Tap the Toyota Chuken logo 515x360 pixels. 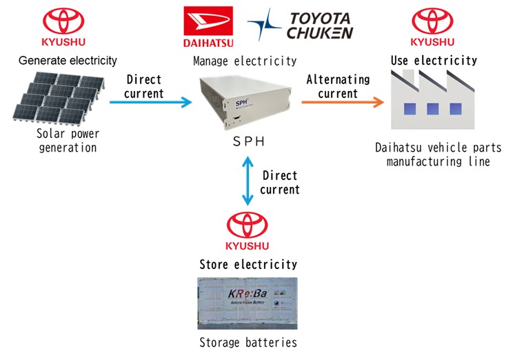[301, 25]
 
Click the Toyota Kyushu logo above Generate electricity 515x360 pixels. [63, 28]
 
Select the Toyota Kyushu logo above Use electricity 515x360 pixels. [434, 27]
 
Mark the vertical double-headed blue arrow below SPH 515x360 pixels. [247, 181]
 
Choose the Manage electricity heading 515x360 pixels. [245, 61]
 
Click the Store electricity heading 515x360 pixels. [248, 264]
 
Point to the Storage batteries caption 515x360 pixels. [248, 343]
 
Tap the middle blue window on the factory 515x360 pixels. [432, 109]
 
